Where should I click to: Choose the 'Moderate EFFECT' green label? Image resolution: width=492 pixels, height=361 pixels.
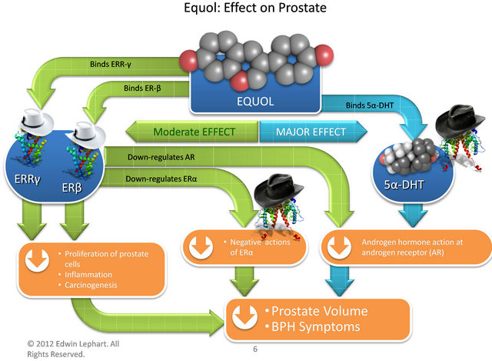[194, 130]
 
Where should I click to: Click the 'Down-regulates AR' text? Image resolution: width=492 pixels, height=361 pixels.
[161, 160]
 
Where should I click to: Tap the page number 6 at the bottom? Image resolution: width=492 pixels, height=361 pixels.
[254, 349]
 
